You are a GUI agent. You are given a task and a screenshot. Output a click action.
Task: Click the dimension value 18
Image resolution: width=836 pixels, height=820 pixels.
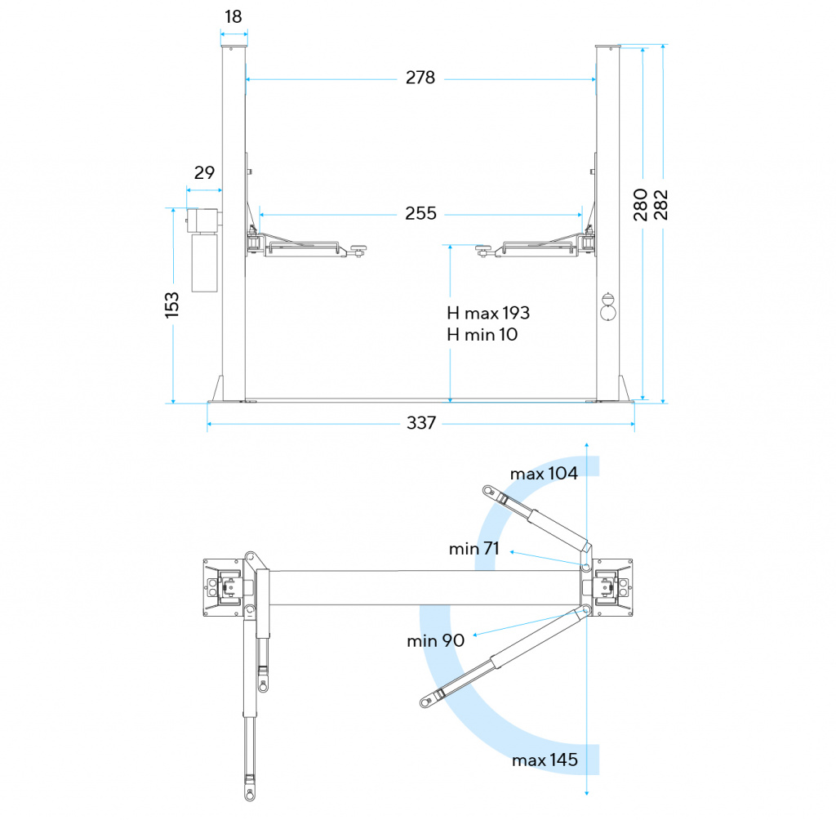point(233,16)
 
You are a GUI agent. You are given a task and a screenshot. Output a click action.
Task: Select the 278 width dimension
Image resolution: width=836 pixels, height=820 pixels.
point(420,78)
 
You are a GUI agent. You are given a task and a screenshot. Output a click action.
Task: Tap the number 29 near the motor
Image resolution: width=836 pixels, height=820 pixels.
point(204,172)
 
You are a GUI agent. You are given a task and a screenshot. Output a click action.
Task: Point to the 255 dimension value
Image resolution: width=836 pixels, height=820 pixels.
point(421,214)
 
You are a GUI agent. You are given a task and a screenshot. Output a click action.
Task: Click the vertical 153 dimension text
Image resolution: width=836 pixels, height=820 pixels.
point(172,305)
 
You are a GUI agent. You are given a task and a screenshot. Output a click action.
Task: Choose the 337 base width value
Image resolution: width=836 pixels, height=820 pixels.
point(421,423)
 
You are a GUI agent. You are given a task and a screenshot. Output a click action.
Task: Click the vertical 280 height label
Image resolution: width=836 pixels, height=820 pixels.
point(641,204)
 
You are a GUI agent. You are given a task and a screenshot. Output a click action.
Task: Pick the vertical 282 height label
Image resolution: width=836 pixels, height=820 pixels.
point(661,204)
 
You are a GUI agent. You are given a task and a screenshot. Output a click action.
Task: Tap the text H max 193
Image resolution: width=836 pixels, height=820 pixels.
point(488,313)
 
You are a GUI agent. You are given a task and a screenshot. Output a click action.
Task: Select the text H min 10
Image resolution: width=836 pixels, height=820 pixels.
point(482,334)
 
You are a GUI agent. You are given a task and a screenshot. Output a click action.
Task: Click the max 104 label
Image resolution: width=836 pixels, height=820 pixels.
point(544,474)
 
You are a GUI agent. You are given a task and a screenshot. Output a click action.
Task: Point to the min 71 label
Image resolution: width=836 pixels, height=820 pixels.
point(474,549)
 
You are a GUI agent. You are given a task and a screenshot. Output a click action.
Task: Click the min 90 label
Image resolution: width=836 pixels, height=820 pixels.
point(436,640)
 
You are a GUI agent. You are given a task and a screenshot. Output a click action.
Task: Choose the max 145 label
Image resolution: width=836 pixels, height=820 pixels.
point(545,760)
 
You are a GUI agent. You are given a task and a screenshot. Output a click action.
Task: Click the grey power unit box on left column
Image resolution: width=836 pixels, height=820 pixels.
point(204,250)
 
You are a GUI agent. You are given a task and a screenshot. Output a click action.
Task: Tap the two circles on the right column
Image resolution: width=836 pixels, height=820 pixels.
point(608,307)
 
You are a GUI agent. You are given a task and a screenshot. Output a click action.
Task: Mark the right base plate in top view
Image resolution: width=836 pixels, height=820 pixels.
point(611,588)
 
